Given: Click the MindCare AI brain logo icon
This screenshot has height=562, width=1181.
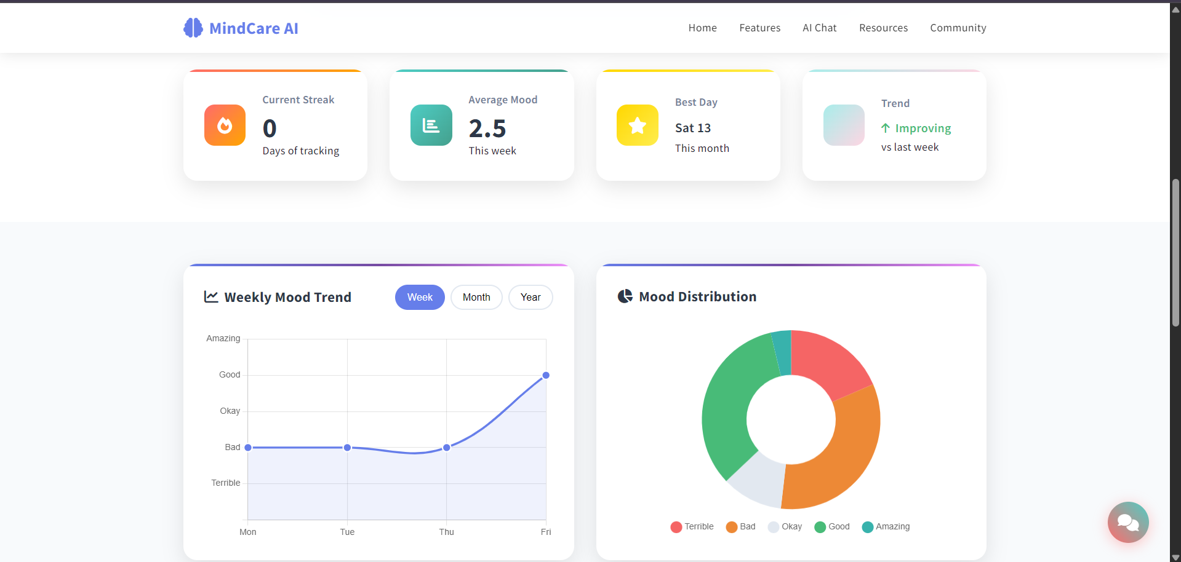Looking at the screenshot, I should click(x=193, y=28).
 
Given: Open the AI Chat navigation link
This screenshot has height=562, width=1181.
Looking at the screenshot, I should click(x=819, y=28).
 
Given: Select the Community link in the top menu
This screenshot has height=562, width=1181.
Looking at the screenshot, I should click(x=958, y=28).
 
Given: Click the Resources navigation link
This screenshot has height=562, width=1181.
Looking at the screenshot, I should click(x=883, y=28).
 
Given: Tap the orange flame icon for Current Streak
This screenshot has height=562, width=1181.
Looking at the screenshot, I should click(x=225, y=125).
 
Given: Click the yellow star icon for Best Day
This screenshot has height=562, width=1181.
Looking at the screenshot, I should click(x=637, y=125).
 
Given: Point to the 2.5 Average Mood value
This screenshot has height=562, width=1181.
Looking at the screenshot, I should click(x=487, y=129).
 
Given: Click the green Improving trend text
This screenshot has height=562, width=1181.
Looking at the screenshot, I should click(x=923, y=129).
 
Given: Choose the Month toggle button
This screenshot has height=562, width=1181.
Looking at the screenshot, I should click(x=476, y=298).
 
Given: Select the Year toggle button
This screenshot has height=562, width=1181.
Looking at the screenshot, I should click(x=530, y=298).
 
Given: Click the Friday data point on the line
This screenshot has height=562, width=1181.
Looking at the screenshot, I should click(x=546, y=375).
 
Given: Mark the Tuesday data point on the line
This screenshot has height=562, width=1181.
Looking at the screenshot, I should click(x=347, y=448).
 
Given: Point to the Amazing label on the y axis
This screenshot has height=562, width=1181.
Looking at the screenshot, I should click(x=223, y=339).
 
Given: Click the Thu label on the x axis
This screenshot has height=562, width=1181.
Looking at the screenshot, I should click(x=446, y=532).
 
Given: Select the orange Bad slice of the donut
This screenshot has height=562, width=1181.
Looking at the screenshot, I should click(x=843, y=455).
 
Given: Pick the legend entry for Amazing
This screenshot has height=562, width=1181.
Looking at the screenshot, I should click(x=886, y=527).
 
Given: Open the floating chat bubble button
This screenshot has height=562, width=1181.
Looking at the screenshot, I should click(x=1127, y=522).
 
